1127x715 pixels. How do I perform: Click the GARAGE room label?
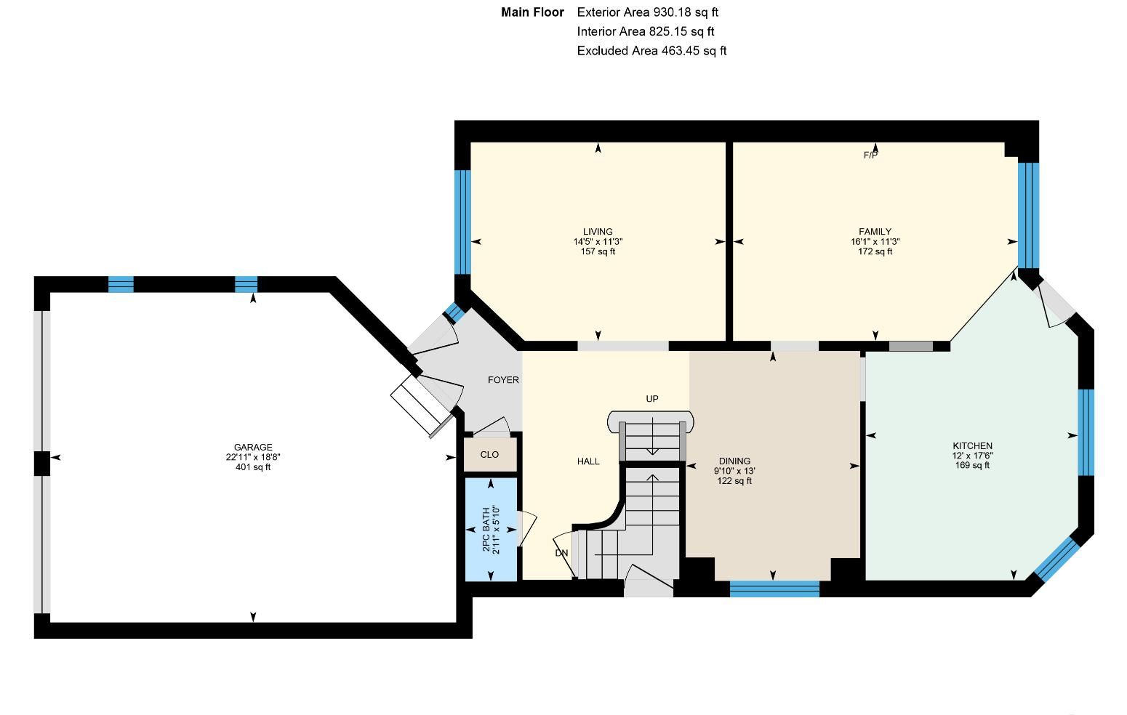252,447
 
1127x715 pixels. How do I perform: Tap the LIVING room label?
598,231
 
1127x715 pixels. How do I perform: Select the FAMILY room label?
875,231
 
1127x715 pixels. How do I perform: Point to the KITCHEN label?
973,445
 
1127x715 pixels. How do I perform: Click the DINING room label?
734,461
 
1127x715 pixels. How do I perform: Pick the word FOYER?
503,379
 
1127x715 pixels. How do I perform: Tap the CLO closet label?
489,455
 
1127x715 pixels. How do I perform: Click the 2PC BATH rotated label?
486,529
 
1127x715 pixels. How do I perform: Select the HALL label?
588,461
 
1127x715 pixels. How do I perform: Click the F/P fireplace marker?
870,155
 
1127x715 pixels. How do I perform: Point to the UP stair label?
652,399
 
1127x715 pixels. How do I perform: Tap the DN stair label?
561,553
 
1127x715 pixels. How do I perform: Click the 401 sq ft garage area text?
252,467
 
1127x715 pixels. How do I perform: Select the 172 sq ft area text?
875,251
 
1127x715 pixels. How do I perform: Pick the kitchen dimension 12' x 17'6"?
973,456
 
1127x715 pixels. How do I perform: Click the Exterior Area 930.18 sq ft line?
648,12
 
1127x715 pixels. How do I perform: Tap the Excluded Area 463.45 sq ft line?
651,51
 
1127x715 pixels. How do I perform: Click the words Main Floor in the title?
532,12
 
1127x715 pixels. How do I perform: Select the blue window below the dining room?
774,589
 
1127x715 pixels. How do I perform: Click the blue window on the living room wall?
462,222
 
